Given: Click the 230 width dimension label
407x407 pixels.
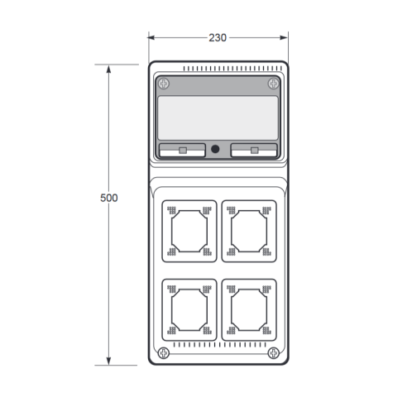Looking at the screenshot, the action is (218, 38).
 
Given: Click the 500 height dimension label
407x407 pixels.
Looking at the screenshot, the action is (109, 198).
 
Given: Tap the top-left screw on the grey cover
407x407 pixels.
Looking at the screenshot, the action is (164, 84).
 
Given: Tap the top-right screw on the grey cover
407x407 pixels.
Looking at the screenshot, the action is (274, 84).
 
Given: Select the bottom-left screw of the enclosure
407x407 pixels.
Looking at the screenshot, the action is (164, 353).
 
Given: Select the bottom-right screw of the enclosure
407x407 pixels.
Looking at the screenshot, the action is (274, 353).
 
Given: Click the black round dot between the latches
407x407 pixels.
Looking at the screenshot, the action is (215, 149).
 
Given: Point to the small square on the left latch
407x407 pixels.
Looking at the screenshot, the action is (183, 151).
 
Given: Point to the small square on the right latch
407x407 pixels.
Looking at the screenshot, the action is (255, 151).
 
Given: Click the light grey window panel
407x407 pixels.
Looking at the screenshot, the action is (218, 118).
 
